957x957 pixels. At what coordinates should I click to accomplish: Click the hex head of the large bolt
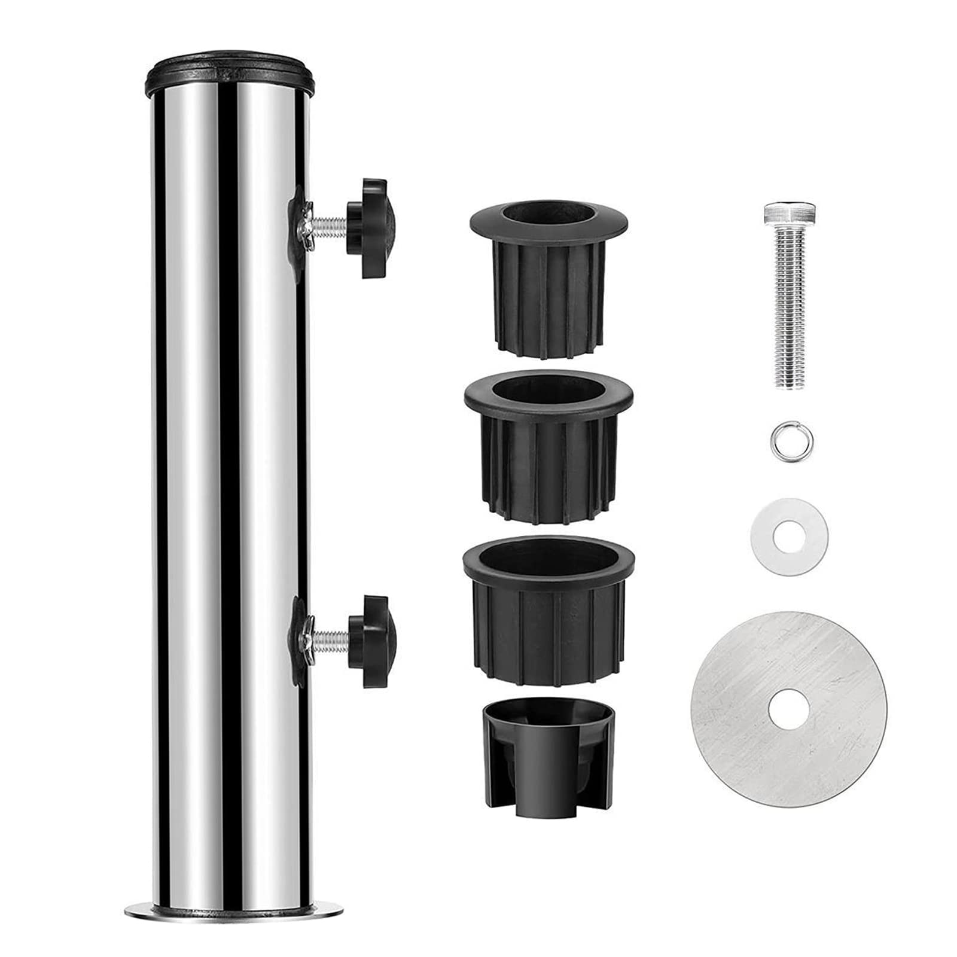(x=790, y=213)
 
